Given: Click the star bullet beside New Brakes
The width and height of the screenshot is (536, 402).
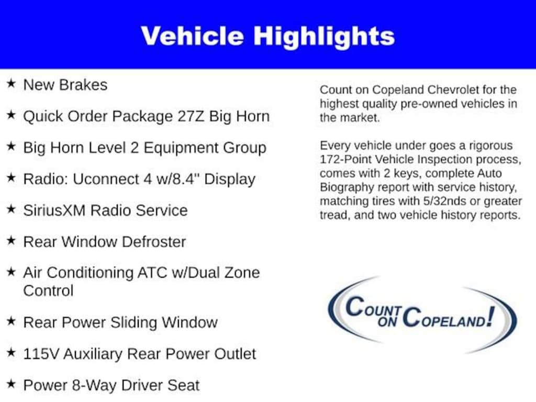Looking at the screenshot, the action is coord(12,83).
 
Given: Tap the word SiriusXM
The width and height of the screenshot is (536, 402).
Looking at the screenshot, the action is coord(54,210).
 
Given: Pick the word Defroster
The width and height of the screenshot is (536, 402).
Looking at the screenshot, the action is coord(154,242).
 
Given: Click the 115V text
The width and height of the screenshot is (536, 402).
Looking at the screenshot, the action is coord(41,354).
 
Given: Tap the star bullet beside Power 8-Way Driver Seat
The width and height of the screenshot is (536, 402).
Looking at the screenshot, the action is coord(12,384).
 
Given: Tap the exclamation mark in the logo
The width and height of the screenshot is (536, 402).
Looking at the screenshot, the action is coord(490,317).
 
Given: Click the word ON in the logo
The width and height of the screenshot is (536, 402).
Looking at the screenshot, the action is coord(387,322).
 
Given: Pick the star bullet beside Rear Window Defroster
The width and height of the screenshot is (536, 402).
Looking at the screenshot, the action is coord(12,240).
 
